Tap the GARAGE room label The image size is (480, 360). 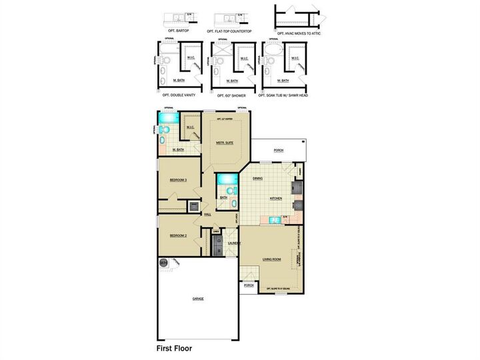coord(198,299)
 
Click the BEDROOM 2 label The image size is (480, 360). coord(177,235)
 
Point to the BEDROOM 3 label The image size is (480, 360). coord(177,180)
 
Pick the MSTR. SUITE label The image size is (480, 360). coord(225,143)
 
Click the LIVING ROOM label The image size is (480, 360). coord(271,259)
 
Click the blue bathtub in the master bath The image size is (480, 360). coord(167,119)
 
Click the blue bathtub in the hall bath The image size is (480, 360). coord(225,179)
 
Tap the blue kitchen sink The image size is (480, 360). coord(274,219)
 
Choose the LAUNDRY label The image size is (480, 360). coord(233,244)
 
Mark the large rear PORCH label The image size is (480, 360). coord(279,151)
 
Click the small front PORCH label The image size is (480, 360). coord(249,285)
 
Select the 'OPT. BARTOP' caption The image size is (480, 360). coord(179,31)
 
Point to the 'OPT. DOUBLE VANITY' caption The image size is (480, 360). coord(177,95)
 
